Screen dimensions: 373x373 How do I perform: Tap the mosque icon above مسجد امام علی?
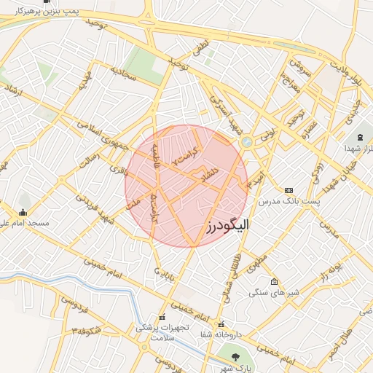tap(23, 213)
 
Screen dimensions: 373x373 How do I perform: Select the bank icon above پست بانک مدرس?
tap(288, 189)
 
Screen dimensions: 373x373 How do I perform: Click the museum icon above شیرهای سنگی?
tap(273, 282)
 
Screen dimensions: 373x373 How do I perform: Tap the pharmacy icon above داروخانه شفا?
tap(221, 325)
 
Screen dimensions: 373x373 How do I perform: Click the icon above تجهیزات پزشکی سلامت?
tap(162, 318)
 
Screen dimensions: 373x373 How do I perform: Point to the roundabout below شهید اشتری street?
tap(246, 141)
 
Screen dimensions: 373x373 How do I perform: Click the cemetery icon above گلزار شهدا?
tap(359, 138)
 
